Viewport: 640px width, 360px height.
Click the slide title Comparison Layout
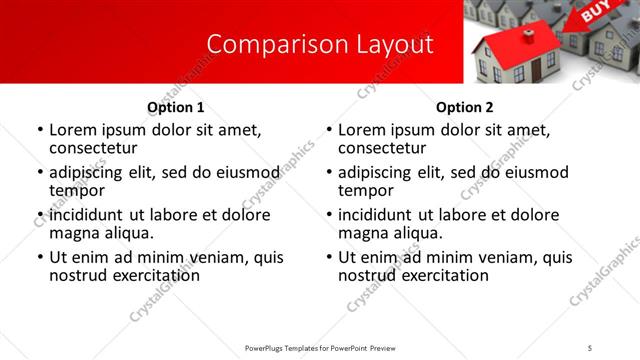tap(320, 45)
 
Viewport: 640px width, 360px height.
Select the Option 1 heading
tap(176, 107)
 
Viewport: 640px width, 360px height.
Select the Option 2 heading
tap(465, 107)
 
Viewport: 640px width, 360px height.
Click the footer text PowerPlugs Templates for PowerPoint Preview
tap(320, 348)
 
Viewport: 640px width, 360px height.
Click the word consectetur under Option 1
tap(93, 148)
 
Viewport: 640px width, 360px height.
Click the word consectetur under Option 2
tap(382, 148)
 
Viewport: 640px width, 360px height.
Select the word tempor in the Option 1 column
tap(76, 190)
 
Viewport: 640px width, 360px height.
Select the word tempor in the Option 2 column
tap(365, 190)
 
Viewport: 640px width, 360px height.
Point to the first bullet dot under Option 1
tap(39, 131)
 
